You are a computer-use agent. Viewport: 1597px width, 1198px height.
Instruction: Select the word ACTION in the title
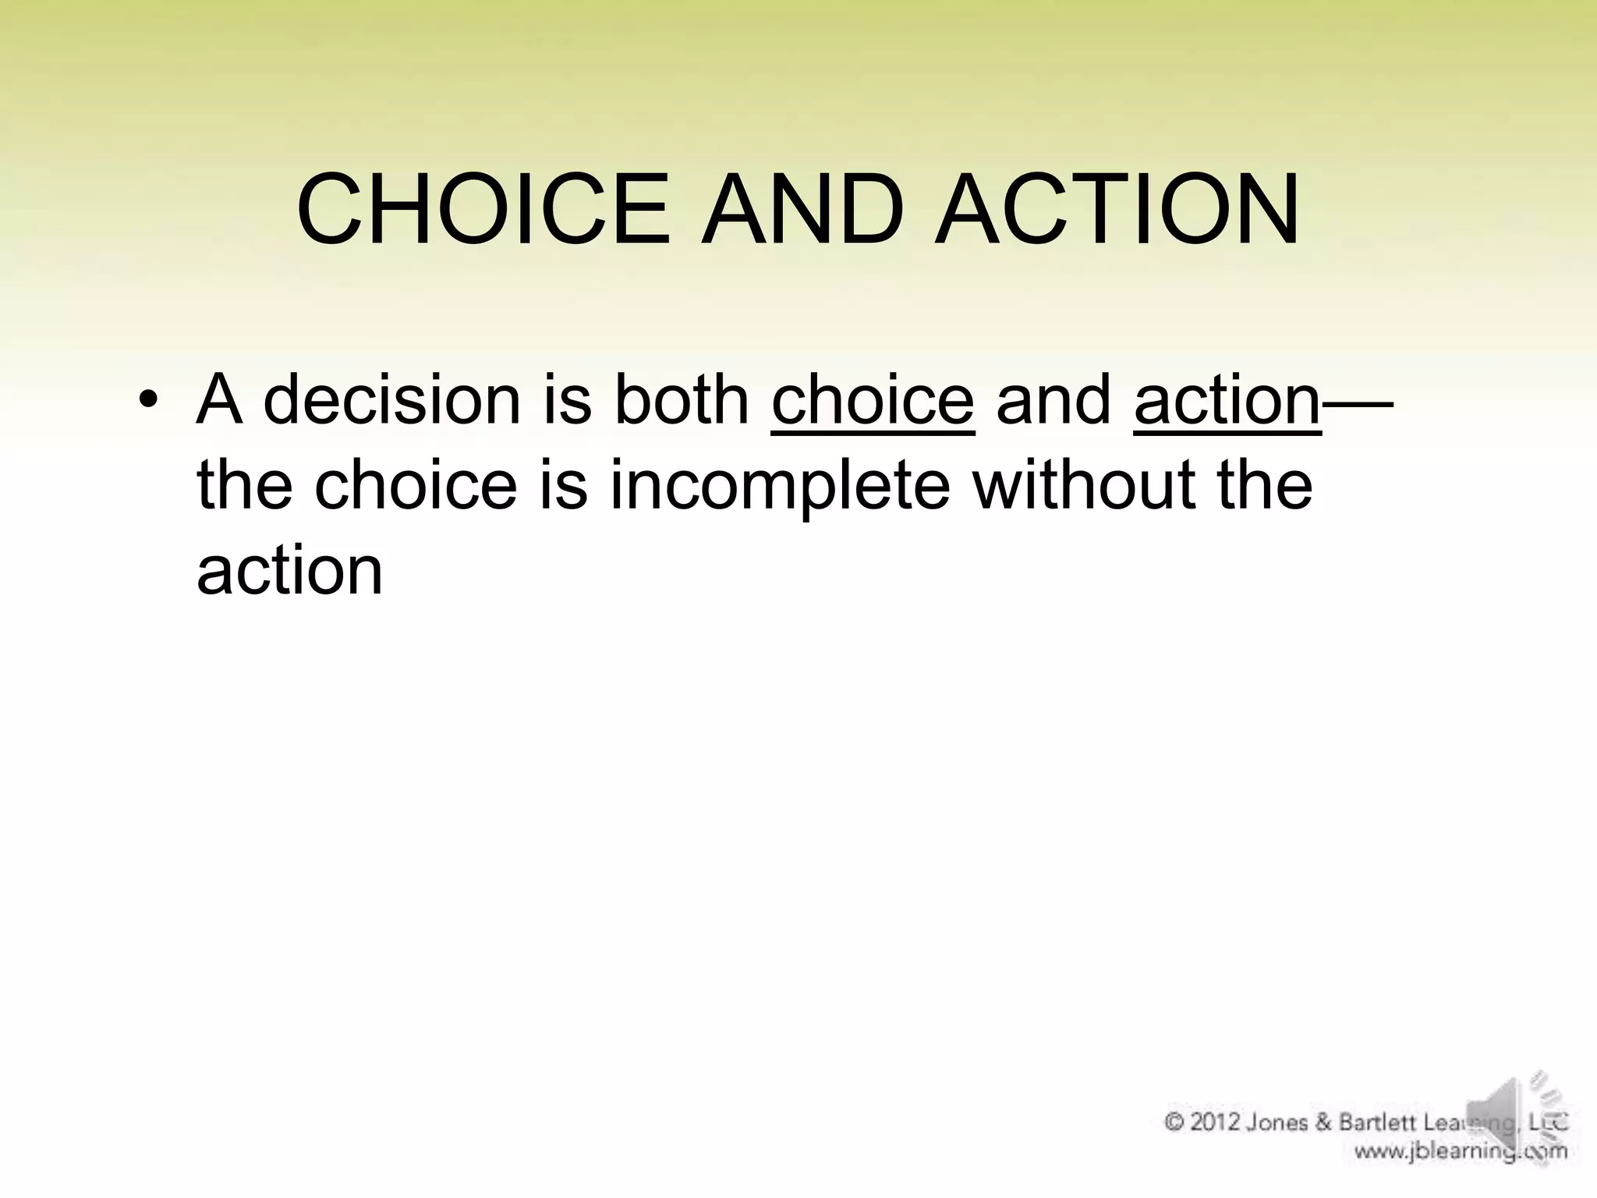pyautogui.click(x=1117, y=210)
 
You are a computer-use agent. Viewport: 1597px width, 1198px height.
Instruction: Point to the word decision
pyautogui.click(x=391, y=399)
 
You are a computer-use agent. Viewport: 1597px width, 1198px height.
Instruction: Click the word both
pyautogui.click(x=682, y=399)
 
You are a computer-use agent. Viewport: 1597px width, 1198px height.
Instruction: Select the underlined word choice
pyautogui.click(x=873, y=401)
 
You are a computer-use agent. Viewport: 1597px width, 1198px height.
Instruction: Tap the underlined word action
pyautogui.click(x=1227, y=401)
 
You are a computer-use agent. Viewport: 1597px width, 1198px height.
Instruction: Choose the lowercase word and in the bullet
pyautogui.click(x=1053, y=399)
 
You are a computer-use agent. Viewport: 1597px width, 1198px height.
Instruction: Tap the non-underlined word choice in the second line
pyautogui.click(x=416, y=485)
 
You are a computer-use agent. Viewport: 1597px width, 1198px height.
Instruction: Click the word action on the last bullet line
pyautogui.click(x=290, y=570)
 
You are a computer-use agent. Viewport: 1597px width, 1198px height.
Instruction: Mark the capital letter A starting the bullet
pyautogui.click(x=218, y=399)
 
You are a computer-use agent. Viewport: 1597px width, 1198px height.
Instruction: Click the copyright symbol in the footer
pyautogui.click(x=1174, y=1123)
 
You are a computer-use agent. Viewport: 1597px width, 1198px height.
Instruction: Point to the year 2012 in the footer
pyautogui.click(x=1216, y=1123)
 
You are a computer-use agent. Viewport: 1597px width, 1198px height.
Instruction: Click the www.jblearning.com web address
pyautogui.click(x=1460, y=1151)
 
